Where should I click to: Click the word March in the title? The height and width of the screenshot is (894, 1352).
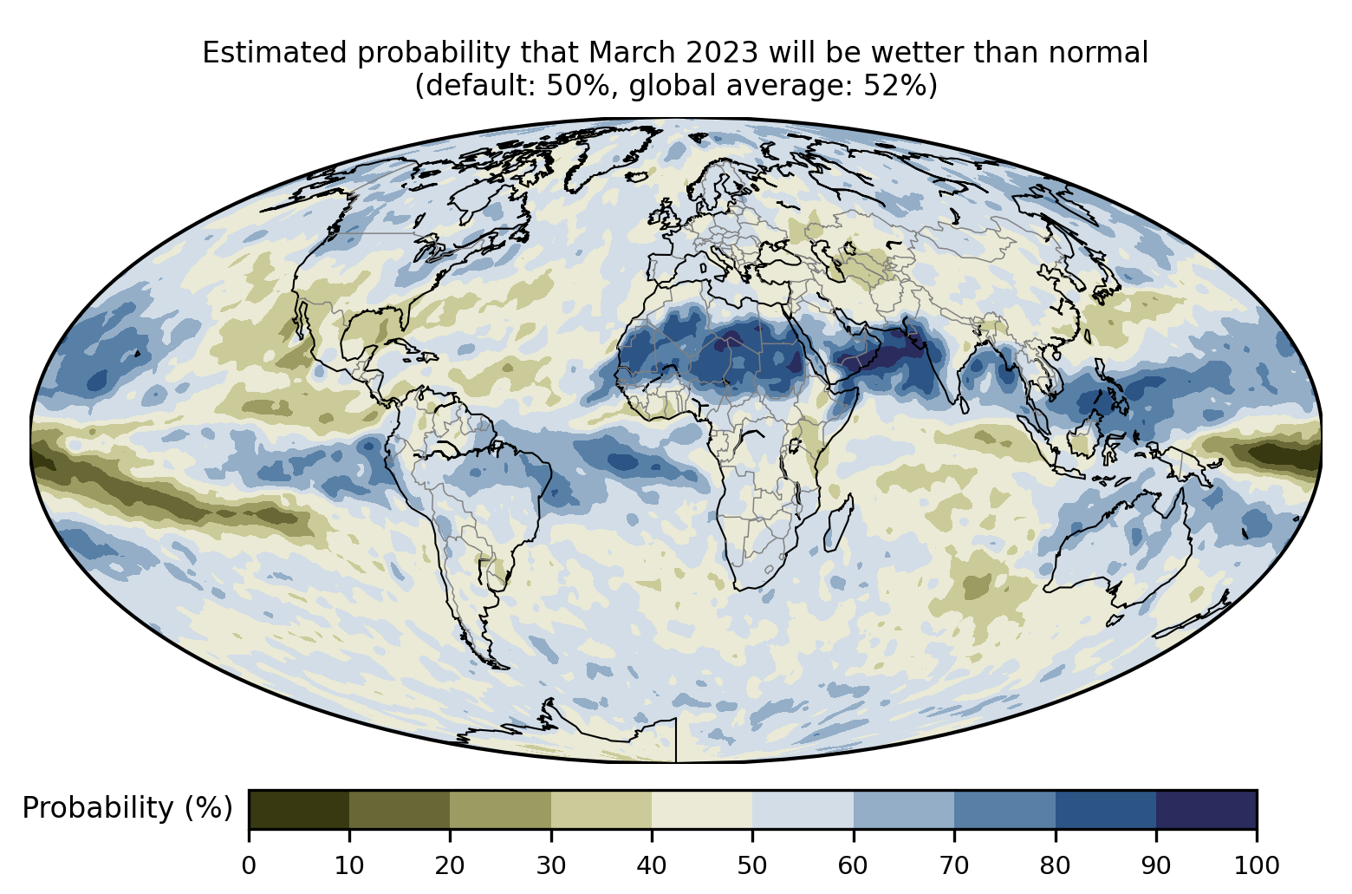(x=631, y=53)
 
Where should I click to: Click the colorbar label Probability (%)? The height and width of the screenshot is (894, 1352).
(x=127, y=808)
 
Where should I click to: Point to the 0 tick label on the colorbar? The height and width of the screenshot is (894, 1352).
(x=249, y=866)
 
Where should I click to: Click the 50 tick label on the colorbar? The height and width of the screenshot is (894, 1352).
(x=752, y=866)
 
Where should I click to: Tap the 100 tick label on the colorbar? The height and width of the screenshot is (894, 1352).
(x=1257, y=866)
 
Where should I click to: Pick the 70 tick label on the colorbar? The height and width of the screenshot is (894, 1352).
(x=953, y=866)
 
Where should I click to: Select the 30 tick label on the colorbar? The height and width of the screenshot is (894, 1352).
(x=551, y=866)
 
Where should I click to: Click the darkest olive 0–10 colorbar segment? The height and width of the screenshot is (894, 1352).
(x=299, y=809)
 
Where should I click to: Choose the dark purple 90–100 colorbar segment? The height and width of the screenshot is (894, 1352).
(x=1206, y=809)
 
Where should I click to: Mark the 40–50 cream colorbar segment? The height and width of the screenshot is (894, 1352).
(x=702, y=809)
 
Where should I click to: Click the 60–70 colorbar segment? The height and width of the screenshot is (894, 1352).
(x=904, y=809)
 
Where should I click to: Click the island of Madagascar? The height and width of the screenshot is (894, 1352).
(x=838, y=523)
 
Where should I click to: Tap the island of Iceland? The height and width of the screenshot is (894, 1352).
(x=637, y=176)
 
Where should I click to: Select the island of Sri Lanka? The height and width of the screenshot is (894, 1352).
(x=963, y=405)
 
